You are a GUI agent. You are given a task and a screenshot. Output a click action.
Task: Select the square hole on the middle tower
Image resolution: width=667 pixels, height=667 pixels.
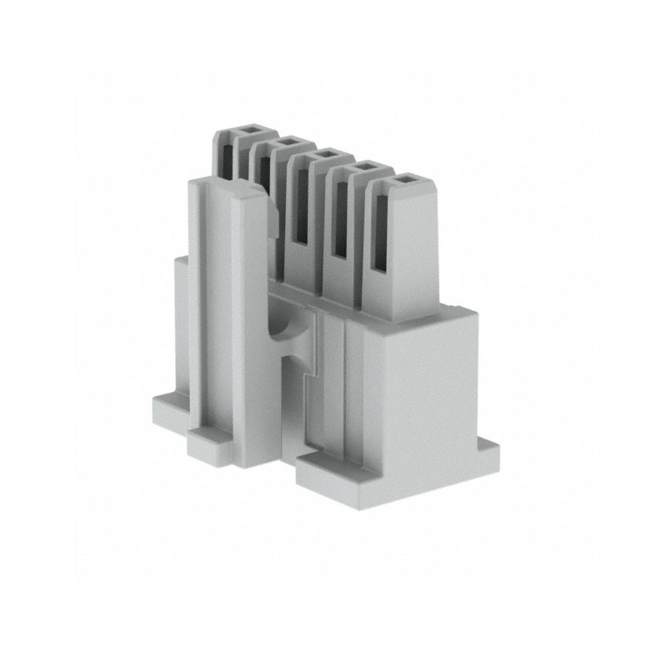326,153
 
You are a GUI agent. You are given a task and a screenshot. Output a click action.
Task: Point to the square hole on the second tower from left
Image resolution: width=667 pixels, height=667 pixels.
288,142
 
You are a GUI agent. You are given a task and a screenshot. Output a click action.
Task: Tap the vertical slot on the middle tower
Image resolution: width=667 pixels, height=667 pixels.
303,208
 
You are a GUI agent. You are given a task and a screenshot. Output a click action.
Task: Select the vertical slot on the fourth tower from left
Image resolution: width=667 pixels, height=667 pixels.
341,221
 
